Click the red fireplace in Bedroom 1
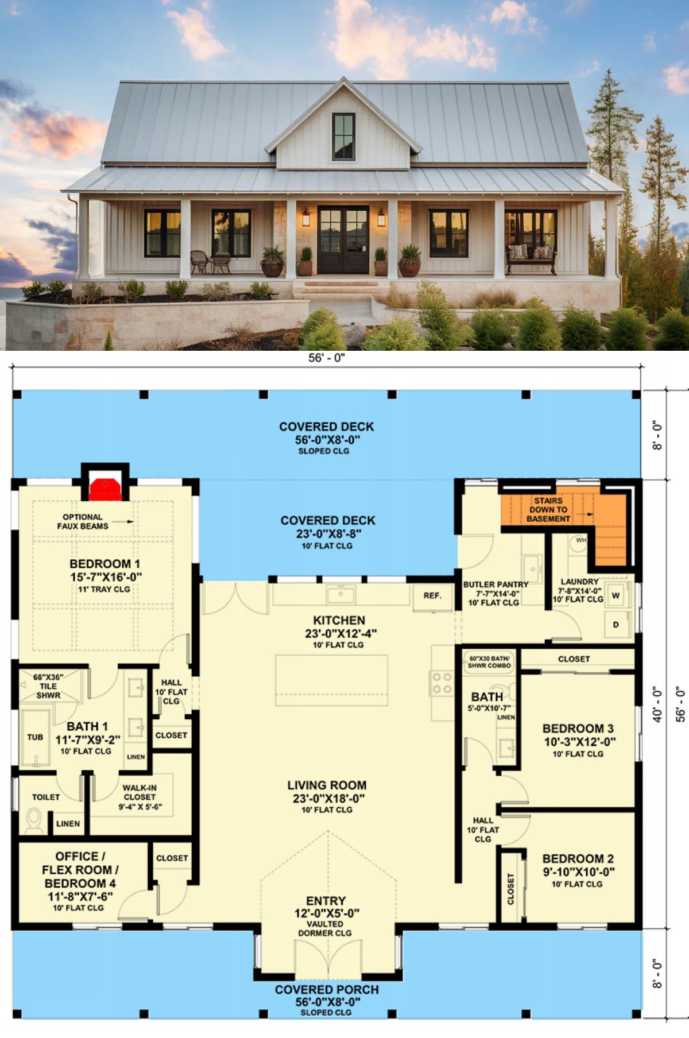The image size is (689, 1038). point(104,488)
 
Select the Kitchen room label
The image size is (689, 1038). point(339,620)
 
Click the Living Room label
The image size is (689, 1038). point(327,785)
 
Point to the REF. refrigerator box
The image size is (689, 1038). point(432,596)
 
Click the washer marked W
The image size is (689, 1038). point(616,595)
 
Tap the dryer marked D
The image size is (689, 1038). point(616,625)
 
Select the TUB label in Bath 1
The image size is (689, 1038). point(35,737)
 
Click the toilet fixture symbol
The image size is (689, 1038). point(34,821)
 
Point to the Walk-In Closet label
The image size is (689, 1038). point(140,792)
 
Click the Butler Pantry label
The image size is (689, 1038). point(496,584)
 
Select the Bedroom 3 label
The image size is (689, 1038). point(578,728)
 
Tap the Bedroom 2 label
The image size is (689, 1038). point(578,859)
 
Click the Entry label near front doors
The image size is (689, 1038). point(326,901)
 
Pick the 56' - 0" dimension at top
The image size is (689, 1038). point(327,358)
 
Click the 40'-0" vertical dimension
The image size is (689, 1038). point(658,704)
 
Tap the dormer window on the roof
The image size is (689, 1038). point(344,136)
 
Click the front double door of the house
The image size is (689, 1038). point(343,239)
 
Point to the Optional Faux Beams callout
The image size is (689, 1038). point(83,521)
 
